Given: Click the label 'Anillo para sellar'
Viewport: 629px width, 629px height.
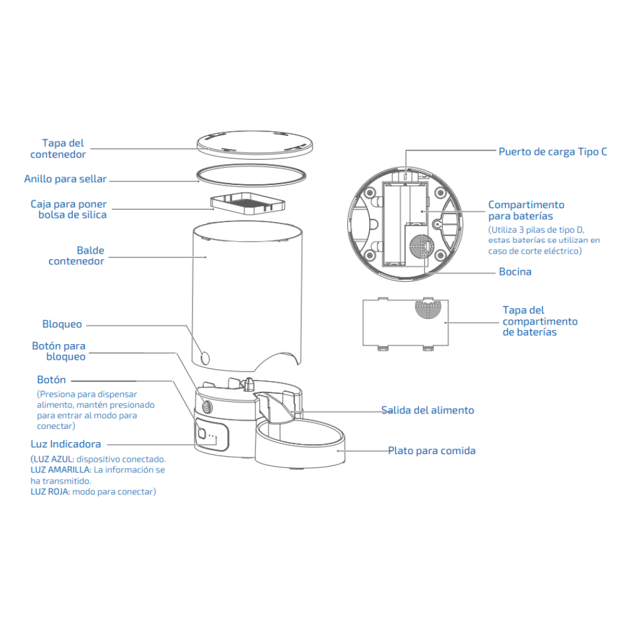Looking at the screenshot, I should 65,179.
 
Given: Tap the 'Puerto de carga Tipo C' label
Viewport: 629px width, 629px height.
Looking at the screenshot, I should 553,152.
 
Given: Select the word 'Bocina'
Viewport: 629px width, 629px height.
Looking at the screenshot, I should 515,272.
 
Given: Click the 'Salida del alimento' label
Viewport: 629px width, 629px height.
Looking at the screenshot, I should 428,410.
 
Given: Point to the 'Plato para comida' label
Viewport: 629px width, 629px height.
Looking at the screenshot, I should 431,450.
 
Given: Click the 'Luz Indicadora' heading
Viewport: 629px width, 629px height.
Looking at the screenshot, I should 65,444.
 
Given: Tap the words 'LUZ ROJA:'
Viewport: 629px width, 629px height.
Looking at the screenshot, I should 50,492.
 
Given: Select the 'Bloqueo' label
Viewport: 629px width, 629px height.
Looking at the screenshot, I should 62,325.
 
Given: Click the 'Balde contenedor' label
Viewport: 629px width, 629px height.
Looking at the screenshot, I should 77,255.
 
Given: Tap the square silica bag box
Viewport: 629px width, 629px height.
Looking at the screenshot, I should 247,203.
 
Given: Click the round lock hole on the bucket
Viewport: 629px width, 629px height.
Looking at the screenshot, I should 204,357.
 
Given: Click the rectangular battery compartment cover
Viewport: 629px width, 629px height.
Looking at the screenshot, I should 405,322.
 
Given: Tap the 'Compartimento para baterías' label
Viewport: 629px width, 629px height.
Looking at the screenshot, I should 526,210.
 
